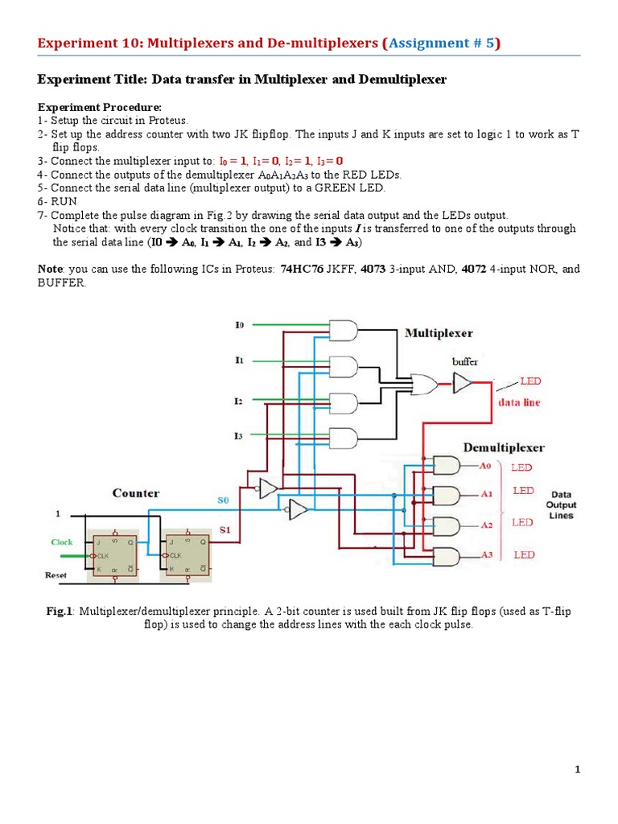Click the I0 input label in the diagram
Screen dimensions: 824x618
[x=239, y=325]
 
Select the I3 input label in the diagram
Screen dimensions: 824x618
[x=238, y=435]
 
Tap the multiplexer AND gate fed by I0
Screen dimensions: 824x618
[x=344, y=331]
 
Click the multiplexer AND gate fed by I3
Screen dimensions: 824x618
[x=344, y=439]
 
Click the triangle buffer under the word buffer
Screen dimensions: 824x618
[x=463, y=384]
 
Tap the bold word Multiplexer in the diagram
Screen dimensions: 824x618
[x=439, y=332]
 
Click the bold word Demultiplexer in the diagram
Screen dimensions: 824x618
[x=504, y=447]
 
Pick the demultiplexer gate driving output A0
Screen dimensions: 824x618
[x=447, y=465]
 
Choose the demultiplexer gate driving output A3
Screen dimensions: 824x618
[x=447, y=555]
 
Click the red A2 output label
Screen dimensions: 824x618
[x=486, y=525]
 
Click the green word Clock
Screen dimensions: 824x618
[x=62, y=542]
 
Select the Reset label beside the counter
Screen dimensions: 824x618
[x=55, y=575]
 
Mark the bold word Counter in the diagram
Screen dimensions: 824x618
[x=135, y=492]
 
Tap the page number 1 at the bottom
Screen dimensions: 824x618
[x=578, y=770]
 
